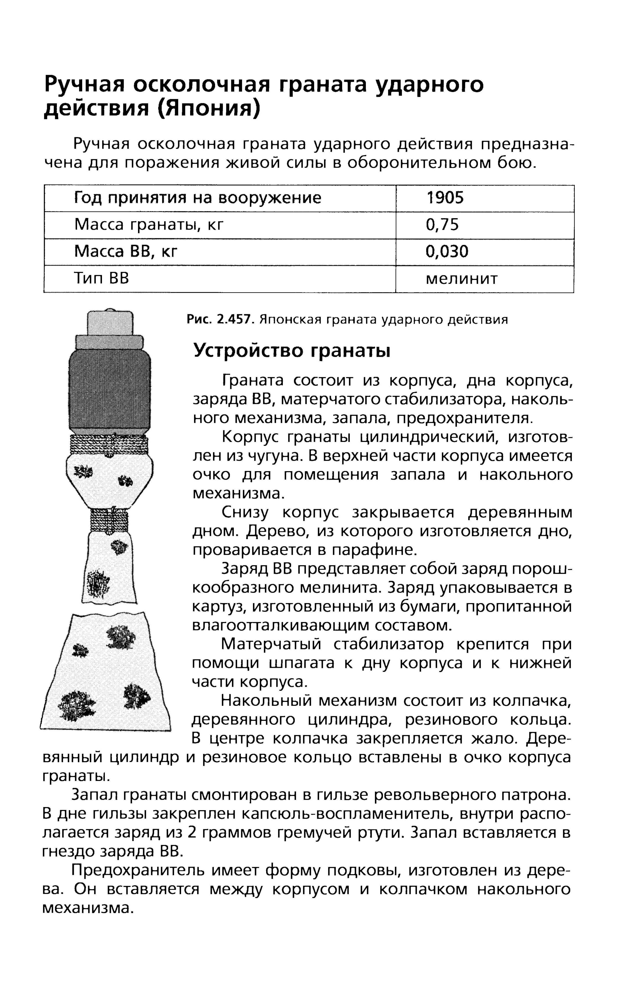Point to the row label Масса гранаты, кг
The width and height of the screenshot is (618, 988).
pos(149,225)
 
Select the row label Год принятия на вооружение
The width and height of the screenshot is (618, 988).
pos(197,198)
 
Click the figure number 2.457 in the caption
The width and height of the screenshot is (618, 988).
pos(234,319)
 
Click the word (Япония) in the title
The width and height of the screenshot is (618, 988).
pos(208,109)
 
